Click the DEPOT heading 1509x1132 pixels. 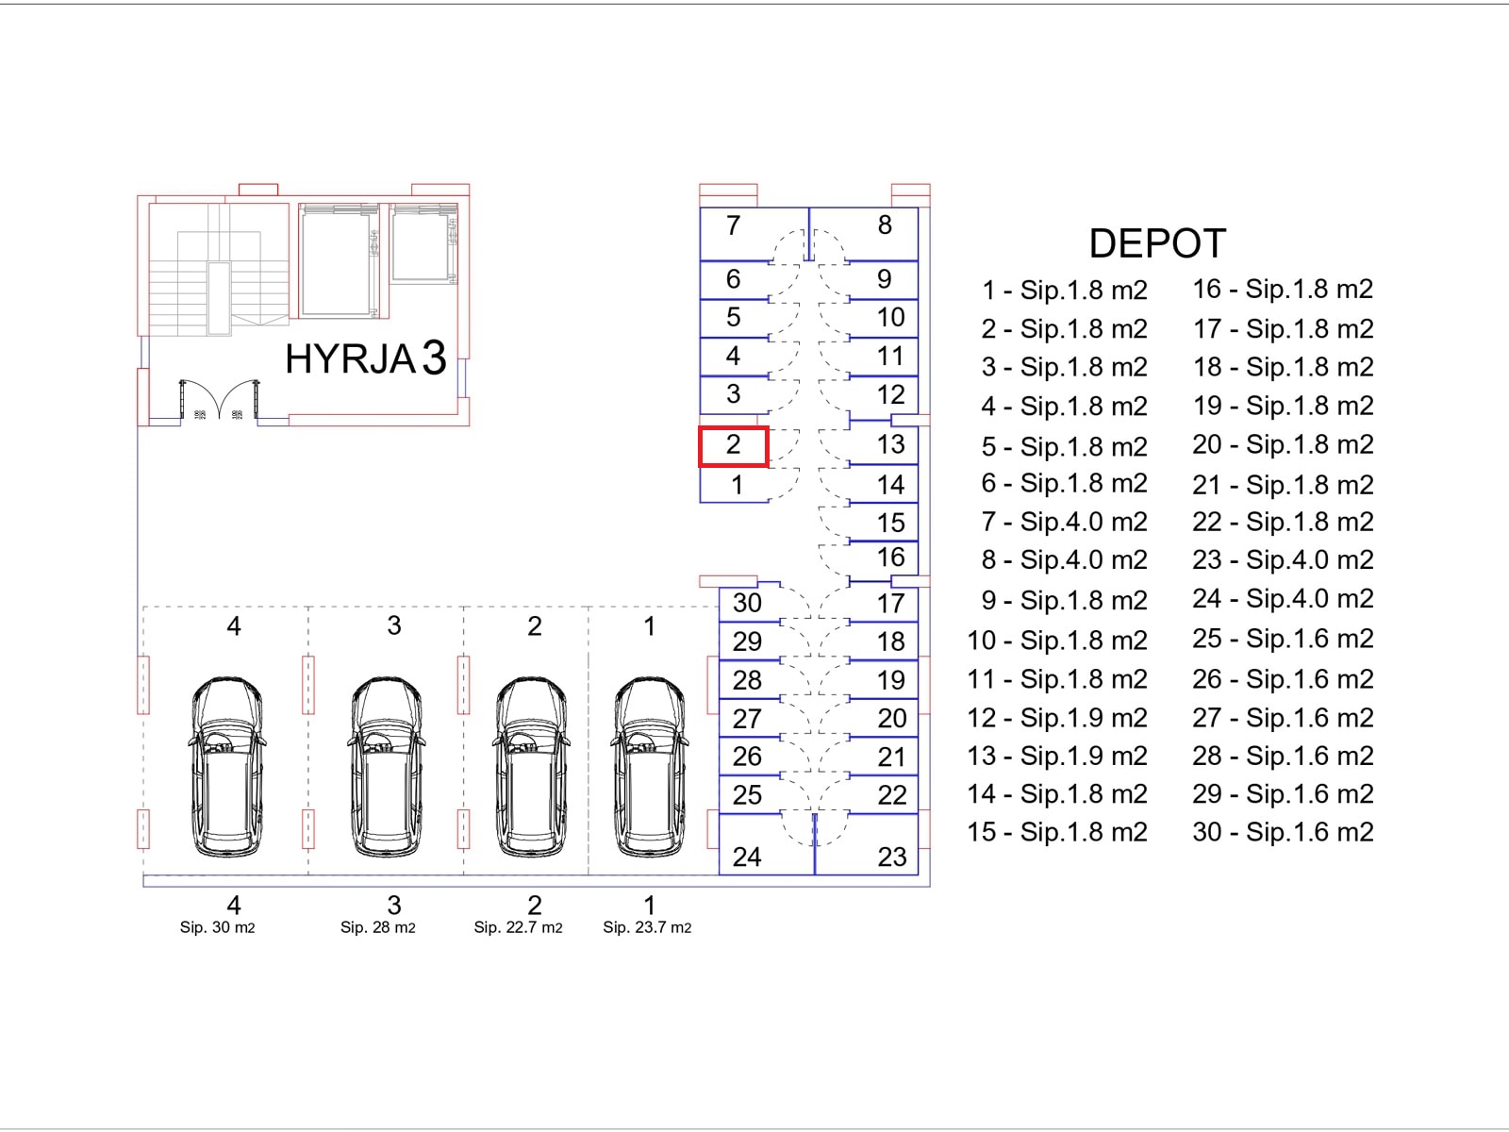coord(1158,243)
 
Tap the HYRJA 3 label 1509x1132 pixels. coord(366,358)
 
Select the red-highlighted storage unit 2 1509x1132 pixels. coord(733,447)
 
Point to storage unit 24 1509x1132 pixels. coord(767,844)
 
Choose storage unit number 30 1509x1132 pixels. coord(750,603)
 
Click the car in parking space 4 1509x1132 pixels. coord(226,766)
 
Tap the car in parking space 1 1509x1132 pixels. coord(649,766)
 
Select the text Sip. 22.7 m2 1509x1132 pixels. coord(518,928)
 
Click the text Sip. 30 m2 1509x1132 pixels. coord(217,928)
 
